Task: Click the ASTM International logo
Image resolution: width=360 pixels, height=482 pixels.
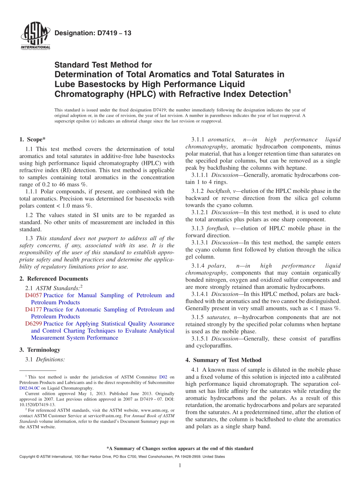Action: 35,36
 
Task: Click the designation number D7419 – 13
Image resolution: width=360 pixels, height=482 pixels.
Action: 93,33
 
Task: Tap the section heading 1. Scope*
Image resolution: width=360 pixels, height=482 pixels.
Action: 32,139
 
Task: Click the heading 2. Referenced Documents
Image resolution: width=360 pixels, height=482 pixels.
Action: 53,279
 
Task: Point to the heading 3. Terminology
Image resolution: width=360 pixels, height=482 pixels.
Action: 40,350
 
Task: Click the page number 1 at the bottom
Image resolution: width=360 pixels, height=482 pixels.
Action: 180,465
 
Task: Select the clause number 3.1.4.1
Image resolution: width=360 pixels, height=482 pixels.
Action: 200,294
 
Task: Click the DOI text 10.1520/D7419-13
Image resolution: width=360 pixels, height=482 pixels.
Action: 37,404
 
